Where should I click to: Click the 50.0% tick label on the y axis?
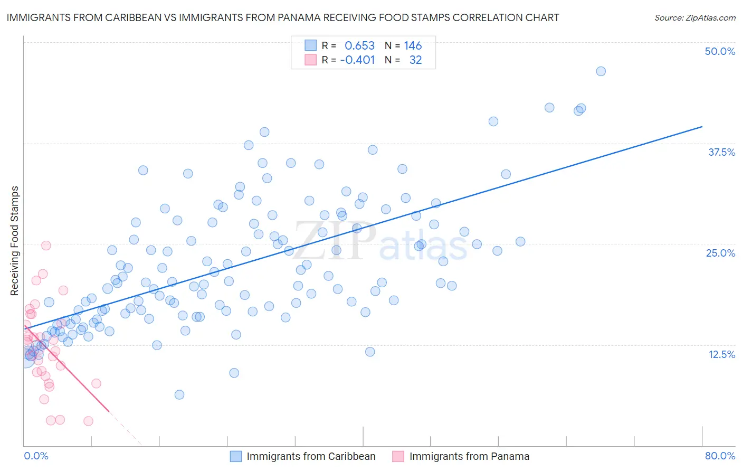[720, 51]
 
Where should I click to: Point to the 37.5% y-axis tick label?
[721, 152]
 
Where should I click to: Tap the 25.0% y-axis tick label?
[720, 253]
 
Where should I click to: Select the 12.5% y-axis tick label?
[721, 354]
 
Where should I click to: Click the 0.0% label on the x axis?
[36, 456]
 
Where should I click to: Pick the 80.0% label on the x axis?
[720, 456]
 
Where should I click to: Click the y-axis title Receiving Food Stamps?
[15, 241]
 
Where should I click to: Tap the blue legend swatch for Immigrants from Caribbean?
[236, 456]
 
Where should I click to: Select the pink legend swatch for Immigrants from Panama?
[398, 456]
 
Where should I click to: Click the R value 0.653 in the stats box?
[359, 46]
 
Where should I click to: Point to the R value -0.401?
[357, 60]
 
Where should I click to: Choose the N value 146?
[413, 46]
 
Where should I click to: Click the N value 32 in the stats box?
[415, 60]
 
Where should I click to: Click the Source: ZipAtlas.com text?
[695, 18]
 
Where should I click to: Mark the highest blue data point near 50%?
[601, 71]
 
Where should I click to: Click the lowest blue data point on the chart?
[179, 394]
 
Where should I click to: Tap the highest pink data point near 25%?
[46, 246]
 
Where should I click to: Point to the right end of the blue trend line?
[702, 127]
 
